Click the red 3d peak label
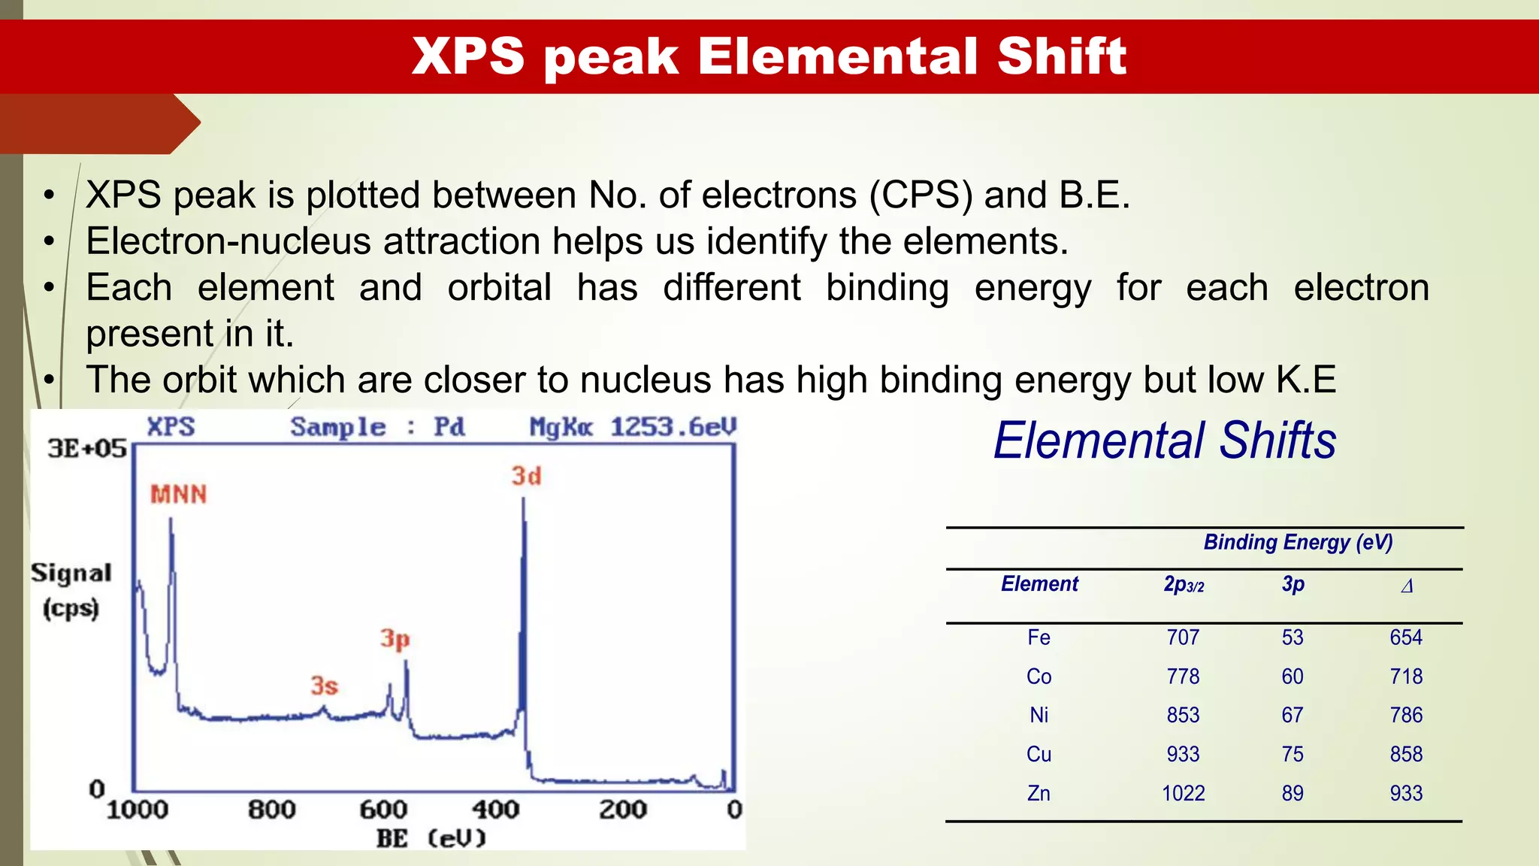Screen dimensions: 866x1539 click(x=526, y=476)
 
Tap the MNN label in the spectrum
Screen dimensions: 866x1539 click(x=178, y=494)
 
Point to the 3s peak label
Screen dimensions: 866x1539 click(x=324, y=685)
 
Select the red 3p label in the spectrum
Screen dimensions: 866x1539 click(x=395, y=638)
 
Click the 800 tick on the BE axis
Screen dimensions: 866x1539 click(x=271, y=810)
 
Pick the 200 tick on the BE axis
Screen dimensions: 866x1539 click(x=622, y=810)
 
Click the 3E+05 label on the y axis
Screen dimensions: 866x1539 click(x=87, y=448)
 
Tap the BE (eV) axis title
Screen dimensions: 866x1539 click(x=431, y=838)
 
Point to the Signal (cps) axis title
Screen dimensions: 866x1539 click(x=71, y=590)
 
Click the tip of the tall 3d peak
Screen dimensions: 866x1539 click(x=523, y=500)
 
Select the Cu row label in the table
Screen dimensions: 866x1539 click(x=1039, y=754)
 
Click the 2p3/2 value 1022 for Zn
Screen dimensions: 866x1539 click(x=1183, y=793)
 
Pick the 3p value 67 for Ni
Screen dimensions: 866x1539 click(x=1292, y=715)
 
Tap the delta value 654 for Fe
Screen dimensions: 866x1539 click(x=1405, y=637)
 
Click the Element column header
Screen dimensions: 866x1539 click(x=1039, y=584)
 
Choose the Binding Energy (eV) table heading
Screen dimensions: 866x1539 click(x=1298, y=542)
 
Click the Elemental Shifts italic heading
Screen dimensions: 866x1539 click(x=1164, y=441)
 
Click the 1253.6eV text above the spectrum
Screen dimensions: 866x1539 click(x=673, y=427)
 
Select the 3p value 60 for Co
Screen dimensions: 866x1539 click(x=1292, y=677)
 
